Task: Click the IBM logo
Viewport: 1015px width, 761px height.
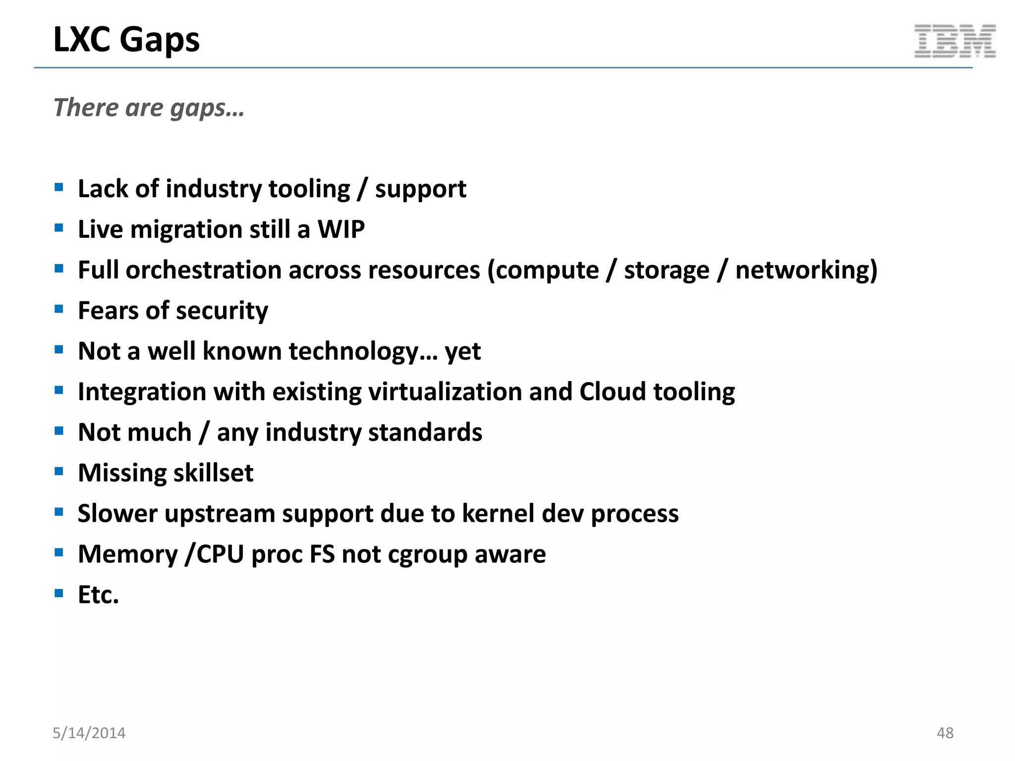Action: [955, 41]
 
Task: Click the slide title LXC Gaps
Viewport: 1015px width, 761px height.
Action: [126, 40]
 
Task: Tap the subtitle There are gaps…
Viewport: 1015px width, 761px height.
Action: [149, 108]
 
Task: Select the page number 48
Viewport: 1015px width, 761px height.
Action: [945, 733]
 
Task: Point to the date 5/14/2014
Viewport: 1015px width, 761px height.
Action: [89, 733]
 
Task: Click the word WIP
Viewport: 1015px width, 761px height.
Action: [341, 229]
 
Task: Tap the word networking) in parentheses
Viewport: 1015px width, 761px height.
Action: [806, 271]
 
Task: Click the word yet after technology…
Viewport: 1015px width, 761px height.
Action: [462, 352]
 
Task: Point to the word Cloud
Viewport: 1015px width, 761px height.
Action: [613, 392]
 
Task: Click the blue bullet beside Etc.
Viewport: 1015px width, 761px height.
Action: [59, 593]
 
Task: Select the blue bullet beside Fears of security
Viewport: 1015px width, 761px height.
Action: [59, 309]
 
